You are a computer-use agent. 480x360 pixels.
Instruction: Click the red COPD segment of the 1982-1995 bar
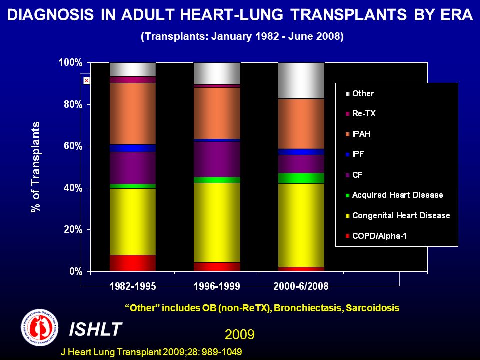pyautogui.click(x=133, y=263)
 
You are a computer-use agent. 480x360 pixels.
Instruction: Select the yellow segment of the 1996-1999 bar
pyautogui.click(x=217, y=223)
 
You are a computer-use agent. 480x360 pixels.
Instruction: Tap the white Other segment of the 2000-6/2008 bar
pyautogui.click(x=301, y=81)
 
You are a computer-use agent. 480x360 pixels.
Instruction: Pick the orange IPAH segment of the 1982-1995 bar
pyautogui.click(x=133, y=114)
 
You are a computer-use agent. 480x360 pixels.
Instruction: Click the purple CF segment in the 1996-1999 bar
pyautogui.click(x=217, y=159)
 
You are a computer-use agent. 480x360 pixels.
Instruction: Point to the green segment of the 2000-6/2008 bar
pyautogui.click(x=301, y=178)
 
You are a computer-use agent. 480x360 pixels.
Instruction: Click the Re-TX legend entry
pyautogui.click(x=361, y=114)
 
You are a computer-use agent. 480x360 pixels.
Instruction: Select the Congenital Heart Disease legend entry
pyautogui.click(x=398, y=216)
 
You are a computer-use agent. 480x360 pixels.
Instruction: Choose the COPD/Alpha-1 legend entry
pyautogui.click(x=376, y=236)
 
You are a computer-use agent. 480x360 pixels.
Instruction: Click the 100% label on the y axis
pyautogui.click(x=70, y=63)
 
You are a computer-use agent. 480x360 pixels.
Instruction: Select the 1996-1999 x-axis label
pyautogui.click(x=217, y=286)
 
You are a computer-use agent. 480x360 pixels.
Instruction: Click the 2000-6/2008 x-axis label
pyautogui.click(x=301, y=286)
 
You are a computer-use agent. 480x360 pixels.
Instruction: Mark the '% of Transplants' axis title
pyautogui.click(x=36, y=167)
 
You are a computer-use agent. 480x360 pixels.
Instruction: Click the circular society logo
pyautogui.click(x=39, y=327)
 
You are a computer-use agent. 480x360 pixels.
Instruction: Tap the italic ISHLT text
pyautogui.click(x=95, y=329)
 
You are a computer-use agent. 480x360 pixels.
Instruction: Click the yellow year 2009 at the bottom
pyautogui.click(x=239, y=335)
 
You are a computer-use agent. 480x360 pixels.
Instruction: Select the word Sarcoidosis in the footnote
pyautogui.click(x=372, y=308)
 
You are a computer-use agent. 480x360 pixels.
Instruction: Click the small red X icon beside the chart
pyautogui.click(x=87, y=81)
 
